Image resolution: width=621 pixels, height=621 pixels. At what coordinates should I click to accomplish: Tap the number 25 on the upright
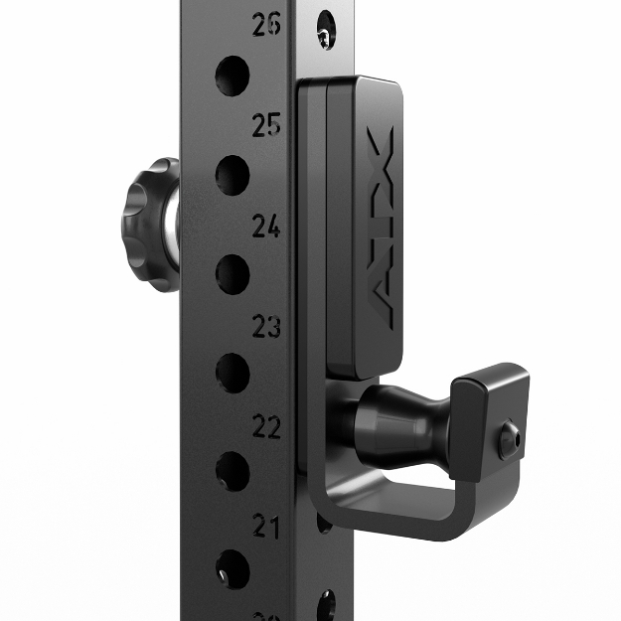(266, 126)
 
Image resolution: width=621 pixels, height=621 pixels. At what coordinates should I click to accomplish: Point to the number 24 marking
(266, 228)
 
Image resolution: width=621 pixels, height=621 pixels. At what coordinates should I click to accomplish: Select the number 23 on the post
(266, 327)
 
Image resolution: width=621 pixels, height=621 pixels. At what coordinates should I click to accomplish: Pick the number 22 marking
(266, 427)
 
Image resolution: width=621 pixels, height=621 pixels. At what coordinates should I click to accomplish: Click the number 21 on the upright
(265, 527)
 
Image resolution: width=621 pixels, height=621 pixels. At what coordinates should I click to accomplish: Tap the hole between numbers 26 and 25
(232, 74)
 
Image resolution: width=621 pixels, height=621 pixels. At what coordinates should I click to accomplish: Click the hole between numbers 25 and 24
(232, 175)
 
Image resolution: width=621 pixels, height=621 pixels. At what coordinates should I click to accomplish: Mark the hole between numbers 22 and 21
(232, 471)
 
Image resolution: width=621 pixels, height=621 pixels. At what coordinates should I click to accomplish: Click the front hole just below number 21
(232, 568)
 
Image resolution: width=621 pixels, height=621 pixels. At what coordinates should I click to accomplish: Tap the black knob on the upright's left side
(147, 209)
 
